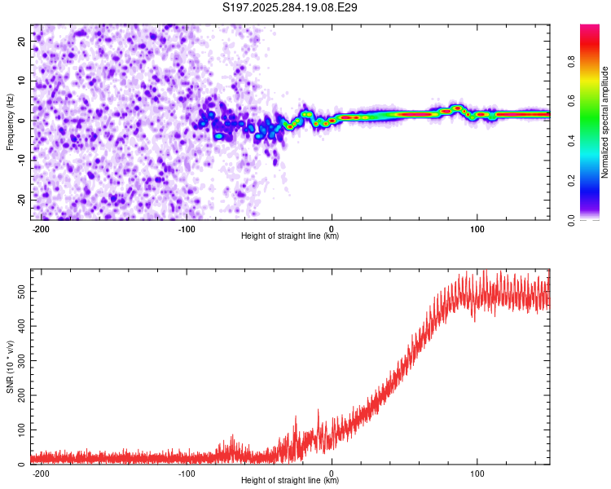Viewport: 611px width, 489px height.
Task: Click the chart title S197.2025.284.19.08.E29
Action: point(291,8)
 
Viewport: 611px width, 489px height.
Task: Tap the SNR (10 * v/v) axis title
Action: point(10,367)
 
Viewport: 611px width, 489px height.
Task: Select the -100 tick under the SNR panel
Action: point(186,473)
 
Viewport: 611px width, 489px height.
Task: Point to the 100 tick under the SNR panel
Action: point(477,473)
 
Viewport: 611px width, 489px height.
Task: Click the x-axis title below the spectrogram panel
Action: point(290,236)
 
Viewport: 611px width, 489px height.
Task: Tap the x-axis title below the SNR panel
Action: point(290,481)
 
